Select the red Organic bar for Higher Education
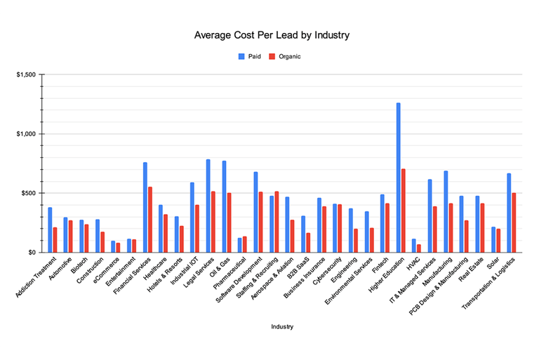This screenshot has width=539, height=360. pos(404,211)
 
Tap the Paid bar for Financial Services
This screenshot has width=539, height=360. pos(145,207)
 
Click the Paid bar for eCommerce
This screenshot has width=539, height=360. pos(113,246)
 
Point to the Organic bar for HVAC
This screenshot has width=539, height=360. pos(419,248)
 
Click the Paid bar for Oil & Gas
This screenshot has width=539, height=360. pos(224,206)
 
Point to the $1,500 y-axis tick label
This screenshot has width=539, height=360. pos(27,74)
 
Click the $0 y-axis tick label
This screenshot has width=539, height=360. pos(32,252)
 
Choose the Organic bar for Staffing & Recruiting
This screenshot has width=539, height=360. pos(277,222)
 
